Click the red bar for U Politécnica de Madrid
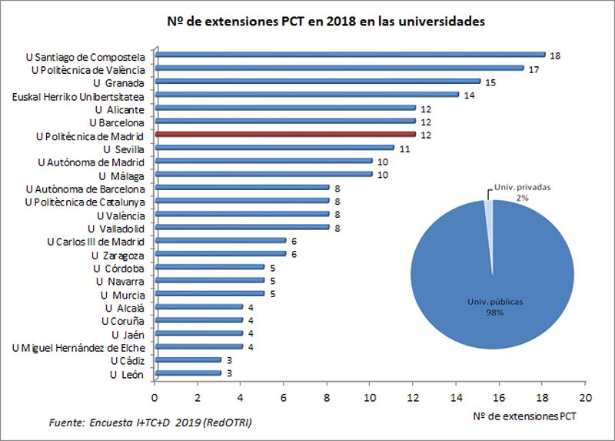click(284, 135)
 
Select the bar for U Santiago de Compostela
click(350, 55)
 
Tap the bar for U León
click(188, 373)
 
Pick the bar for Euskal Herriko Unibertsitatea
click(307, 95)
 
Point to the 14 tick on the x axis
click(457, 397)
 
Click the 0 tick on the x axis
click(155, 397)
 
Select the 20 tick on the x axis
click(586, 397)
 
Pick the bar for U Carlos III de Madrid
click(220, 241)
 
